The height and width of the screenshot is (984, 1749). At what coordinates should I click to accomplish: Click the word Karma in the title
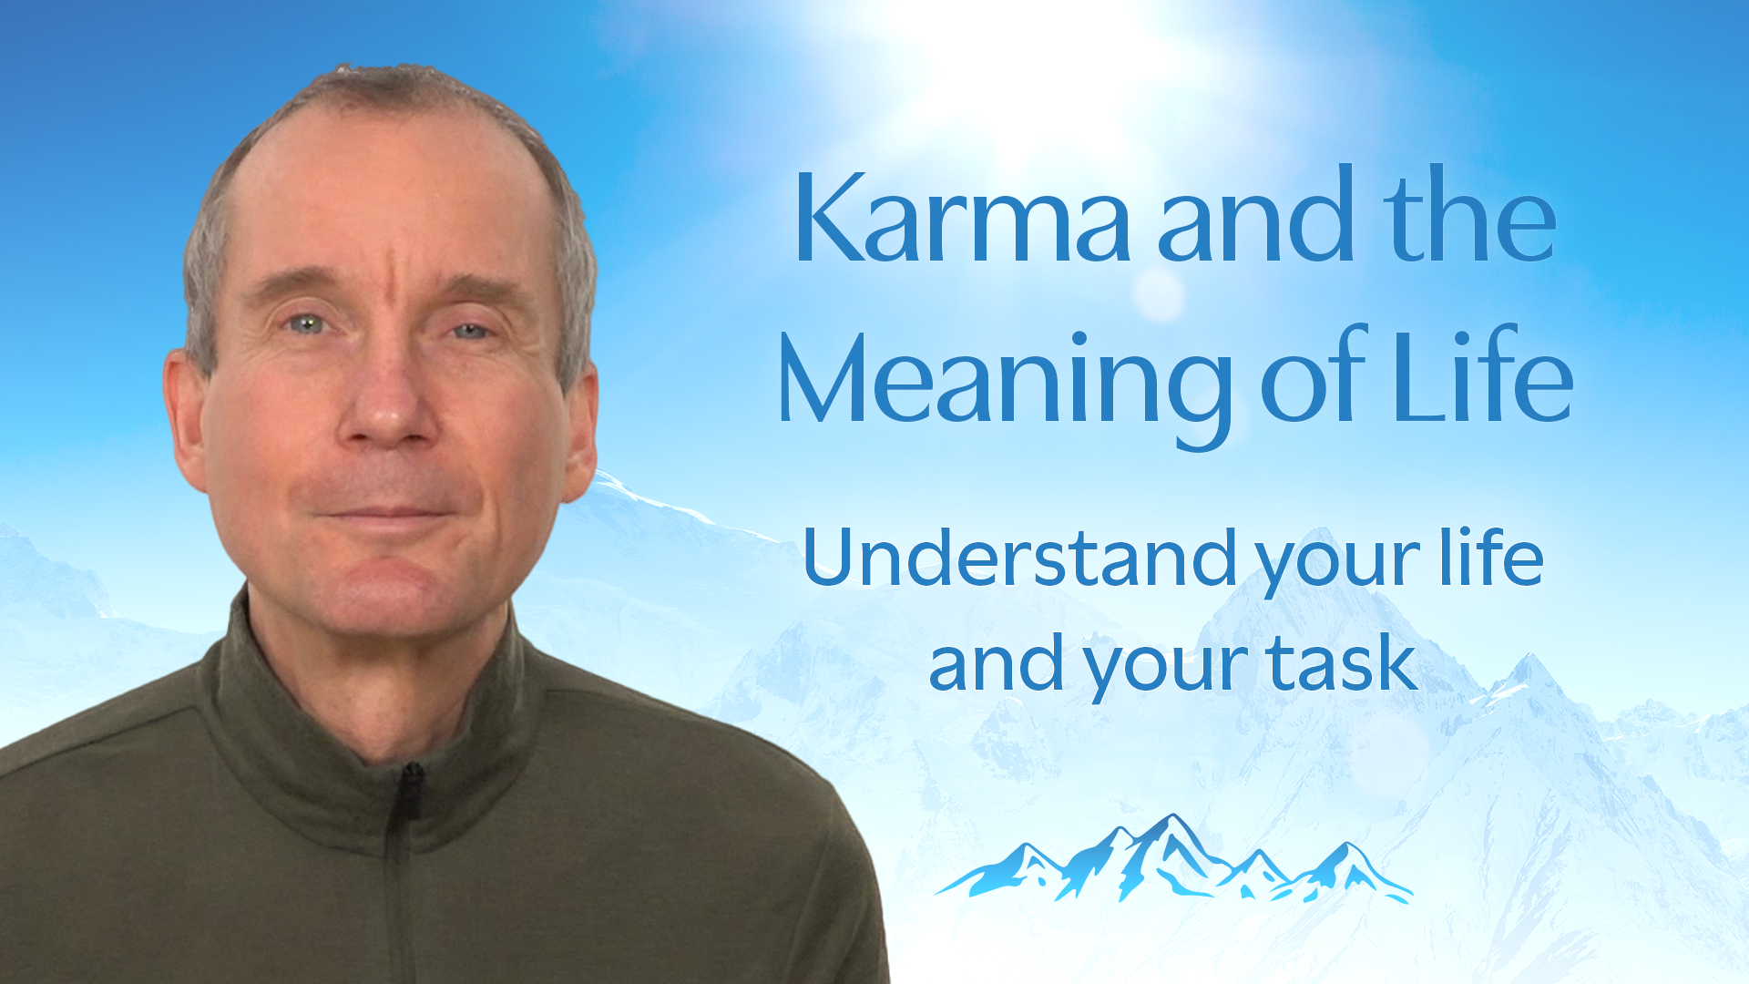[x=962, y=217]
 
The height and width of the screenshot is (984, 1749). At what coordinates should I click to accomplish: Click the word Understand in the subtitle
[x=1020, y=557]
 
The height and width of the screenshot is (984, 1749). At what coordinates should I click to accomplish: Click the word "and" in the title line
[x=1256, y=215]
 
